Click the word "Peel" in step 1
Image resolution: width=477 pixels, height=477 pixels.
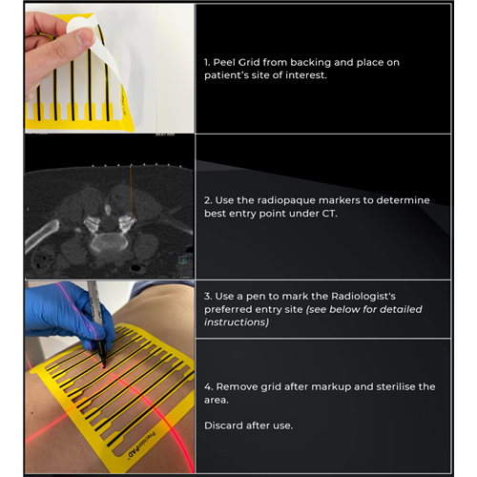point(223,62)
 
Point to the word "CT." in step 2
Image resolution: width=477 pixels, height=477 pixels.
point(329,214)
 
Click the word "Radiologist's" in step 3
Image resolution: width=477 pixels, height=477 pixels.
point(363,297)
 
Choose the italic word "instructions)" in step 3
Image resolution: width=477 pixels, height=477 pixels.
point(237,322)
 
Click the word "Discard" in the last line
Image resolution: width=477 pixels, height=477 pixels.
point(220,425)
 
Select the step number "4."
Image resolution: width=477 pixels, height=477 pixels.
point(209,387)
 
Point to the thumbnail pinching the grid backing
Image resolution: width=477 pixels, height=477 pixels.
point(85,35)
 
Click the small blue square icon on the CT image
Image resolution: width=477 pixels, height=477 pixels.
point(182,259)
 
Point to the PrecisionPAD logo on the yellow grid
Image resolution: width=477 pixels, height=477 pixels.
point(141,446)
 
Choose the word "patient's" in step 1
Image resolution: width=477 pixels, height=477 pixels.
point(224,75)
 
